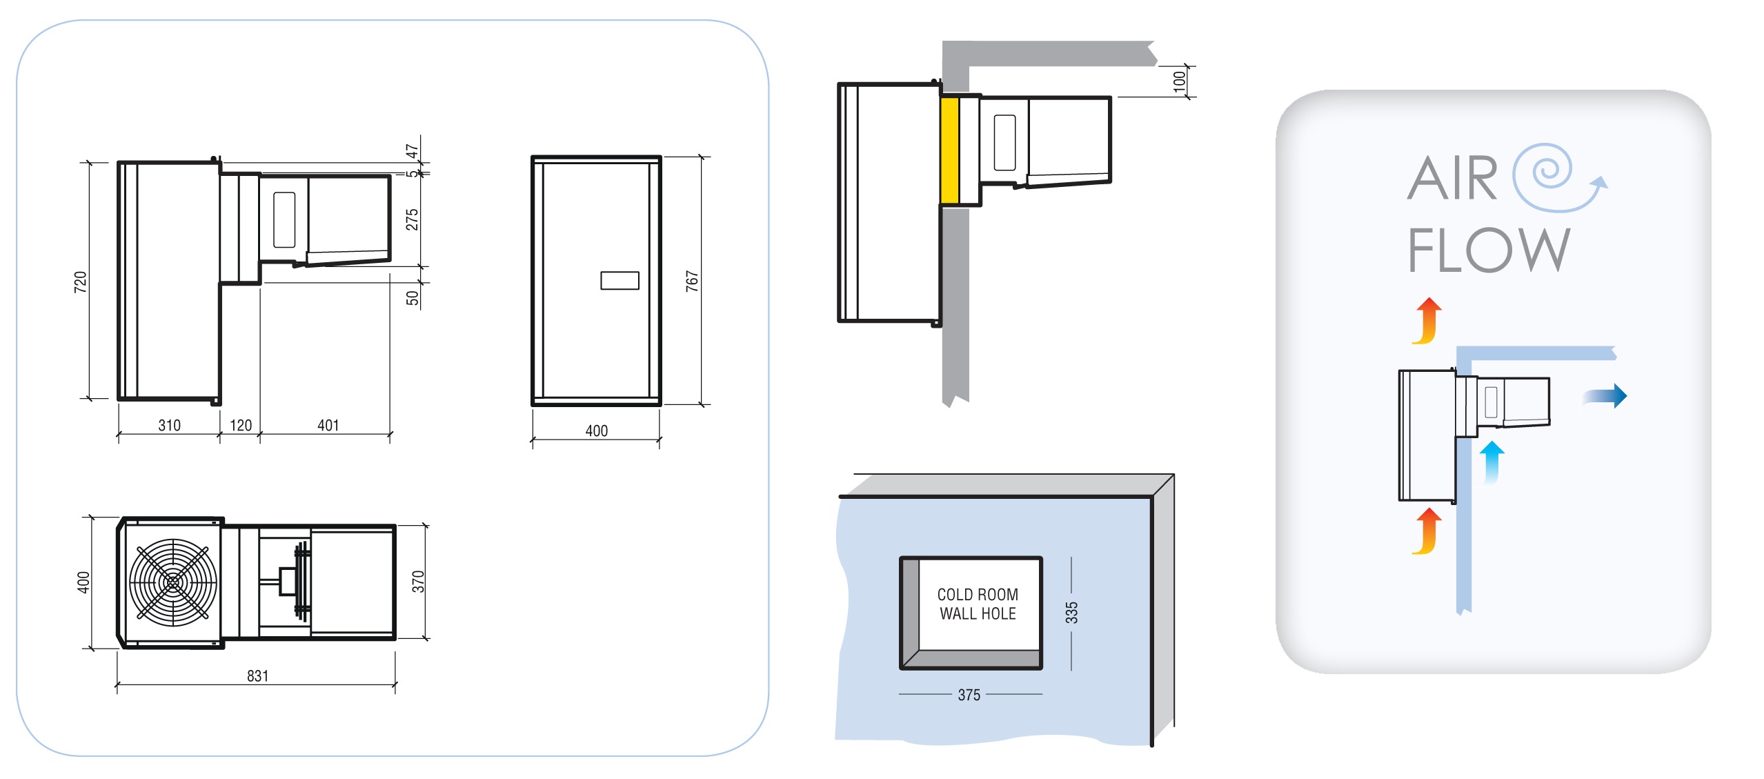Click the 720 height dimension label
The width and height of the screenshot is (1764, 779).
[x=81, y=282]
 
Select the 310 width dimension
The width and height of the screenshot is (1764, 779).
[x=169, y=425]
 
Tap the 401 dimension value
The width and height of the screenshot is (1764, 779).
[x=328, y=425]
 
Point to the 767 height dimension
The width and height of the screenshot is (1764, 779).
[x=692, y=281]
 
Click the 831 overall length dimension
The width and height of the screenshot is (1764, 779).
[x=257, y=676]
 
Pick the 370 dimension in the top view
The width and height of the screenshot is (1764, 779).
[x=418, y=582]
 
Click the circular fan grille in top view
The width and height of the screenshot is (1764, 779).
[x=173, y=582]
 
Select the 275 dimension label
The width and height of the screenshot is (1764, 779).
[x=412, y=219]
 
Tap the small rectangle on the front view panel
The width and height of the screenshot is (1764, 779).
[x=620, y=280]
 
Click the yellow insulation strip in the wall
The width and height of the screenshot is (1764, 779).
[x=949, y=150]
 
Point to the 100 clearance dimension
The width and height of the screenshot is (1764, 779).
[x=1179, y=81]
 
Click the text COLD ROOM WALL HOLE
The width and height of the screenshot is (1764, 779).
[x=978, y=604]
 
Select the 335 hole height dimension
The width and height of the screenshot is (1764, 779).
[x=1071, y=613]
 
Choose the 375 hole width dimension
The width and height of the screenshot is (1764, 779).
[x=969, y=695]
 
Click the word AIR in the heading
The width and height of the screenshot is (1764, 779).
[x=1452, y=178]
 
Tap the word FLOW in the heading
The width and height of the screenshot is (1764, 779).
[x=1488, y=250]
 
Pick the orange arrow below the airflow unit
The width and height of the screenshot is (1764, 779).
[x=1427, y=531]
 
